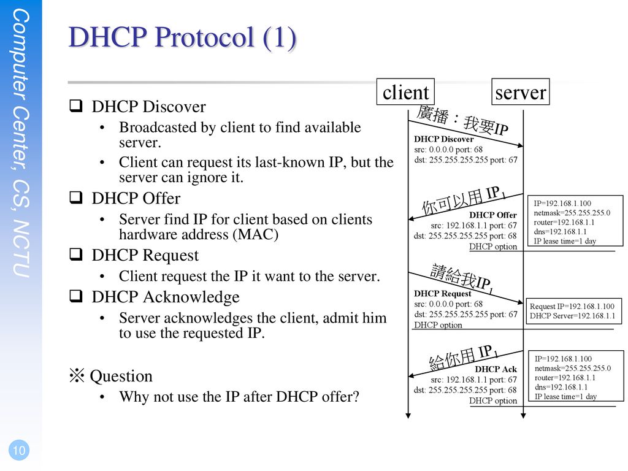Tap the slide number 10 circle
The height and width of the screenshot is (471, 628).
pos(19,450)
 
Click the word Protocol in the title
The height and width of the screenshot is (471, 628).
pos(204,37)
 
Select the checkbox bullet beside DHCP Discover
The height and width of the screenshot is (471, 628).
pos(75,105)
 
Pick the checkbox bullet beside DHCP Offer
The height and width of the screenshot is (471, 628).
pos(75,197)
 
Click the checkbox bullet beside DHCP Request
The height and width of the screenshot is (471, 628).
pos(75,255)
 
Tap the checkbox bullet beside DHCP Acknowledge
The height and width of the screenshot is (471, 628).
pos(75,296)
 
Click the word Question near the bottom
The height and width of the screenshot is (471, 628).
pos(121,376)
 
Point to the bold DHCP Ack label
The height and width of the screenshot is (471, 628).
pos(496,369)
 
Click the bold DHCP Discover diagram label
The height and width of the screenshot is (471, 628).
pos(444,139)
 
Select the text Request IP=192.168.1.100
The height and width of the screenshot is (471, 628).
pos(572,307)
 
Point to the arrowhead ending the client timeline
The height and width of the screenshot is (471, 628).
pos(408,416)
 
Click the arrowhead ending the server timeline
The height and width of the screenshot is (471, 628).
pos(523,416)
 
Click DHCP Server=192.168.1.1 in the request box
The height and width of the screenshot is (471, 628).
pos(572,316)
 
